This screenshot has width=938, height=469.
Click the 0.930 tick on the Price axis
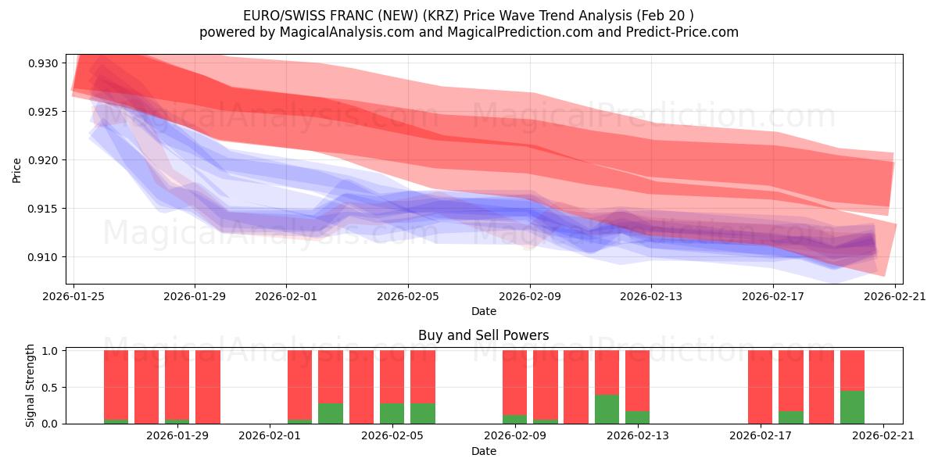pos(45,63)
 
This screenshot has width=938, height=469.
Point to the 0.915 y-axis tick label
pos(45,209)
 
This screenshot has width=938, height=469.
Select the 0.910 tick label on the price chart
pos(45,257)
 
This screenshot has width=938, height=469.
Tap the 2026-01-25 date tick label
pos(73,296)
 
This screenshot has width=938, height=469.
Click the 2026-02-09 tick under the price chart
pos(530,296)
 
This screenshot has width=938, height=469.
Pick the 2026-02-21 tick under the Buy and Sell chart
pos(883,435)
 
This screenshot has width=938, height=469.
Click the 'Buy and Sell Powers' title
pos(483,335)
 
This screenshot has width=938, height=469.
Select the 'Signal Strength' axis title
pos(30,385)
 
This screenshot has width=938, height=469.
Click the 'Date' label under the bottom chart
pos(483,451)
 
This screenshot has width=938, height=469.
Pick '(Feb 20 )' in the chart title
pos(665,16)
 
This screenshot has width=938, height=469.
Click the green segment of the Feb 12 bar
pos(607,410)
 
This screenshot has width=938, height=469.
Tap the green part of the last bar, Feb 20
pos(852,407)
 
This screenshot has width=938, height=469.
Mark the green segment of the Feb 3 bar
pos(331,414)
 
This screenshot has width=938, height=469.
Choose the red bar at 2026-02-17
pos(760,387)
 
